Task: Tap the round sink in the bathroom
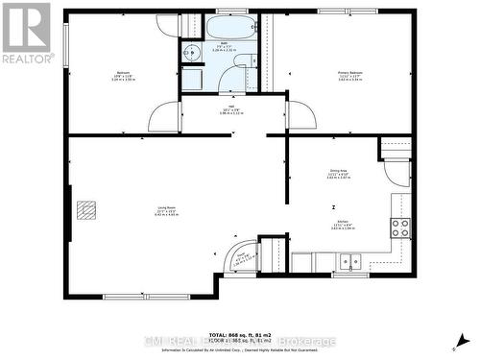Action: pos(190,53)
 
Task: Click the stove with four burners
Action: pos(399,228)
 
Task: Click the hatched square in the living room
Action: pos(86,209)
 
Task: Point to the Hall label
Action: pos(230,108)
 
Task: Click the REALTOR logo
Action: pos(25,33)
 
